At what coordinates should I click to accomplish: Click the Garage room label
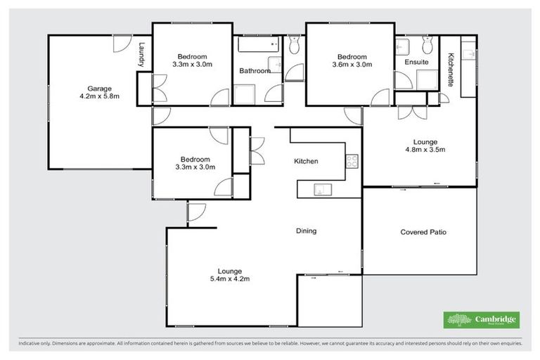pos(98,89)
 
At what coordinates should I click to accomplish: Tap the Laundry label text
pos(142,55)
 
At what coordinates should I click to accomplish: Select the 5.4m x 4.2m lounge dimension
pos(230,279)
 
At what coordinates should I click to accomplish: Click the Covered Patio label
pos(423,232)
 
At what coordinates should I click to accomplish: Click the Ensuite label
pos(416,63)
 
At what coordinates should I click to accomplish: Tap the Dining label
pos(306,231)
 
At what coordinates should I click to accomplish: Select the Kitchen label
pos(306,162)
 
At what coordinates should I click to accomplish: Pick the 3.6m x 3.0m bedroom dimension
pos(352,65)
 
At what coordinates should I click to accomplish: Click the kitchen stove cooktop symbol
pos(352,162)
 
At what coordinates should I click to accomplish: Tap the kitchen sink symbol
pos(321,188)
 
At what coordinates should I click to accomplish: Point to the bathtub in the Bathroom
pos(253,47)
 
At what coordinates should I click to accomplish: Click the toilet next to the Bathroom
pos(295,46)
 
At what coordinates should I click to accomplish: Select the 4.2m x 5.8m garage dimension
pos(98,96)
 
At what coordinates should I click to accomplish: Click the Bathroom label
pos(255,71)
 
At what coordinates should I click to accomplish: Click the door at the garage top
pos(124,43)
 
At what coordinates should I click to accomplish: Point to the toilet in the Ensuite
pos(426,46)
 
